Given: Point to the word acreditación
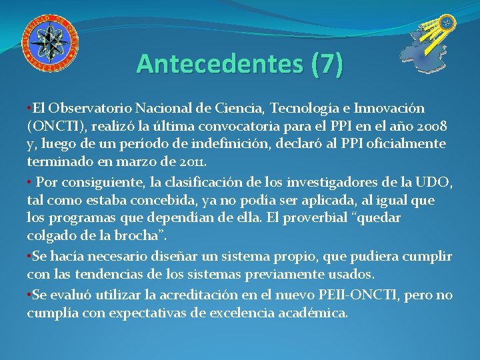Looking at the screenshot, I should (x=192, y=295).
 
